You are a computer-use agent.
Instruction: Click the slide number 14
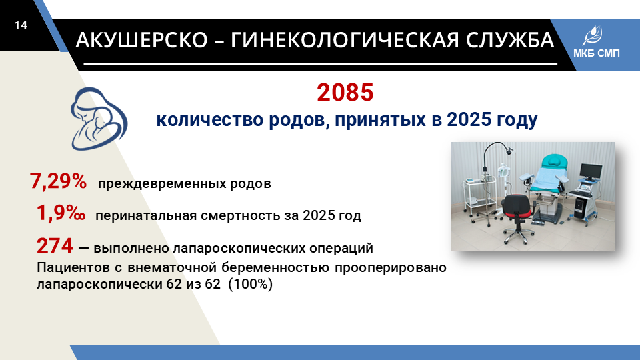pos(21,26)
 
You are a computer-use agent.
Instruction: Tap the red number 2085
pos(345,92)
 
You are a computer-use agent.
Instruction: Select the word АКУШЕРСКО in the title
pos(141,40)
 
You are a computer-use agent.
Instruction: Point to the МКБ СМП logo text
pos(596,53)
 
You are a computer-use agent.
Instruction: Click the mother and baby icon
pos(99,119)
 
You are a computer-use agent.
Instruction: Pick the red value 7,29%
pos(58,181)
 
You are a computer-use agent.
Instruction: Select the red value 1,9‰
pos(61,213)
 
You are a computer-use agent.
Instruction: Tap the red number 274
pos(55,246)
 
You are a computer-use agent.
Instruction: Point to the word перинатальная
pos(146,215)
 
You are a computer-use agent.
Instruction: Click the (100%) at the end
pos(250,284)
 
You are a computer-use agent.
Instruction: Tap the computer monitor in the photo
pos(591,171)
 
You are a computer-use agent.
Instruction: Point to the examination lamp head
pos(509,151)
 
